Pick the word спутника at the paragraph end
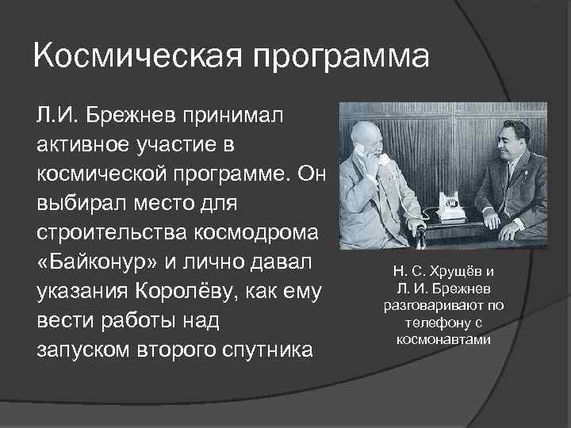point(271,350)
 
